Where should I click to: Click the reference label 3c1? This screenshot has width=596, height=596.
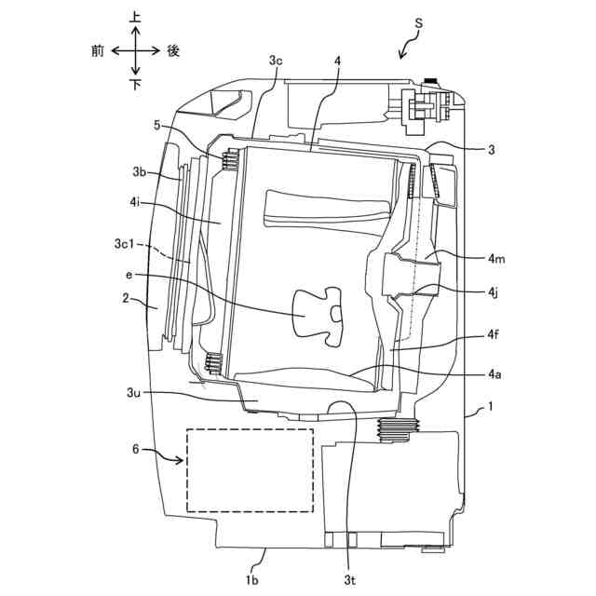click(125, 244)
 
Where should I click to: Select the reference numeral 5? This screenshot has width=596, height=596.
click(158, 124)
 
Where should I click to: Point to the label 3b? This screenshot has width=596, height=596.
click(140, 171)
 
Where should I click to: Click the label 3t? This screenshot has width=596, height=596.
click(348, 579)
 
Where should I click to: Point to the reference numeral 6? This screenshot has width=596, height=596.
click(136, 449)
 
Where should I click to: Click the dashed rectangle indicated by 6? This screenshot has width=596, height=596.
click(250, 470)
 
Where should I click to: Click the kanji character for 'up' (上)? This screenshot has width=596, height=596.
click(136, 17)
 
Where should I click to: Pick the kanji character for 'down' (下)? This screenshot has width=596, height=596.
click(136, 85)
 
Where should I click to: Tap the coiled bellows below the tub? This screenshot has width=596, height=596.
click(399, 427)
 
